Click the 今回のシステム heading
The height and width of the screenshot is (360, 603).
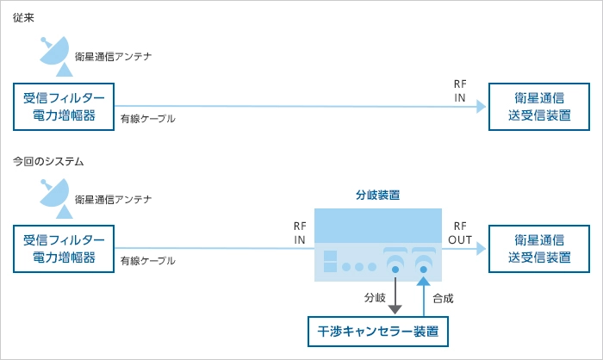(x=47, y=161)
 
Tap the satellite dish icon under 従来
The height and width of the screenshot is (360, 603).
(x=56, y=53)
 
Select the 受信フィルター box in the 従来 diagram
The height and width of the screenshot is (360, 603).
(x=64, y=106)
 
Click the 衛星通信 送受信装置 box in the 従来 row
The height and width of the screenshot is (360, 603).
(x=539, y=106)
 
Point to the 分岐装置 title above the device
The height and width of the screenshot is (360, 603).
(x=377, y=196)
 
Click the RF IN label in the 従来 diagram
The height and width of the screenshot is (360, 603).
(x=460, y=91)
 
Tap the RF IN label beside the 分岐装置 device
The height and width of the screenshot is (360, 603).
(x=300, y=233)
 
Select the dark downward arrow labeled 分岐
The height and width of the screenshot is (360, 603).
(x=395, y=294)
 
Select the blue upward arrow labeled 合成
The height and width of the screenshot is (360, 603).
(x=424, y=294)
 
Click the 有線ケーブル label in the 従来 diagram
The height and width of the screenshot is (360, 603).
(x=147, y=118)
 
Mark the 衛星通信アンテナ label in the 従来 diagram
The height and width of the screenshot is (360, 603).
(x=113, y=56)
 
